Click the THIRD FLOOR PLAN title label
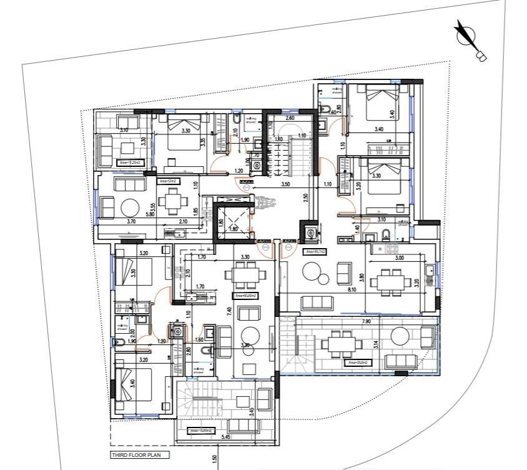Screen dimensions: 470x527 135,455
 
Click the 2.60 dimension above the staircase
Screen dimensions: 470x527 290,118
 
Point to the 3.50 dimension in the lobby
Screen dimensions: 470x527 285,185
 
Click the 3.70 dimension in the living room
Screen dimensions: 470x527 131,221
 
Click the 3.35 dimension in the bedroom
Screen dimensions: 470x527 203,142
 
